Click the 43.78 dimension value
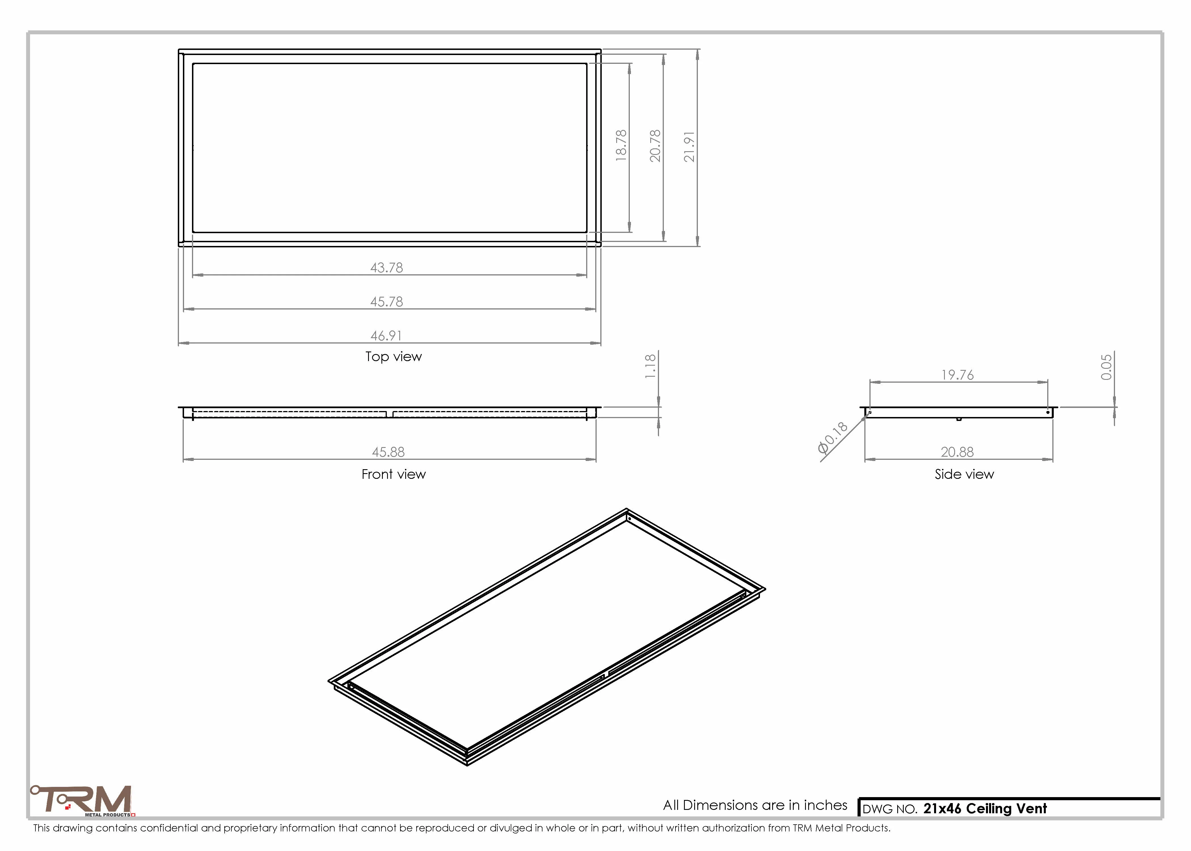click(x=387, y=268)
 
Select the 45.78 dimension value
click(x=387, y=302)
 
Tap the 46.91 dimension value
click(x=386, y=336)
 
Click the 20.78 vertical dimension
click(x=655, y=146)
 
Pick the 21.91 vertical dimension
click(x=689, y=147)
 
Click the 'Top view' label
click(x=393, y=357)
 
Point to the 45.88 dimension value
click(x=388, y=452)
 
